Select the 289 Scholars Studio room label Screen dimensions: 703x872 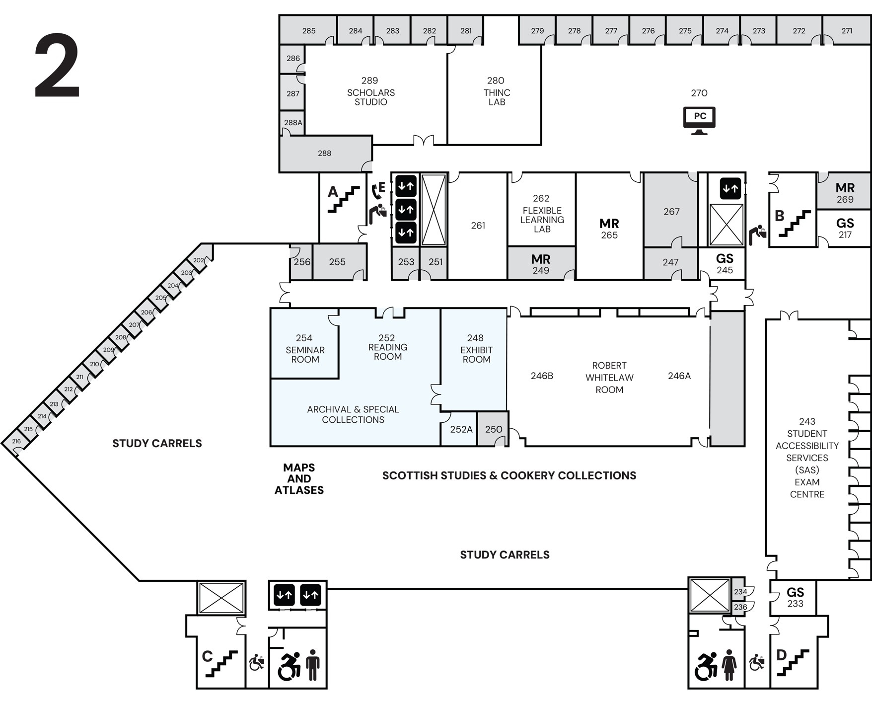pyautogui.click(x=370, y=91)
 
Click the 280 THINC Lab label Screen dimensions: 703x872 pyautogui.click(x=496, y=91)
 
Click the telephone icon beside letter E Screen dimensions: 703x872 pyautogui.click(x=375, y=191)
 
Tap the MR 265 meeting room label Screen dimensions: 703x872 pyautogui.click(x=609, y=228)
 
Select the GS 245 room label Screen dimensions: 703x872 pyautogui.click(x=725, y=263)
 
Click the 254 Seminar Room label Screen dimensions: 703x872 pyautogui.click(x=304, y=349)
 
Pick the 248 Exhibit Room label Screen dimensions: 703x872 pyautogui.click(x=476, y=349)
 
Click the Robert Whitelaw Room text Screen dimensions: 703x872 pyautogui.click(x=609, y=378)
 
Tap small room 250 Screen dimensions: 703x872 pyautogui.click(x=493, y=429)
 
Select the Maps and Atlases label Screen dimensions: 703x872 pyautogui.click(x=299, y=479)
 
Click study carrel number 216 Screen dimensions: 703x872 pyautogui.click(x=16, y=441)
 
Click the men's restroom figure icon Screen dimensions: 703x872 pyautogui.click(x=313, y=665)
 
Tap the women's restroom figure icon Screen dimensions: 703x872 pyautogui.click(x=729, y=665)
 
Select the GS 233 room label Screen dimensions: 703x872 pyautogui.click(x=795, y=597)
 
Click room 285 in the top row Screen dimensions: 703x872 pyautogui.click(x=308, y=31)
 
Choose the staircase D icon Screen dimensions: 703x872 pyautogui.click(x=793, y=662)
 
